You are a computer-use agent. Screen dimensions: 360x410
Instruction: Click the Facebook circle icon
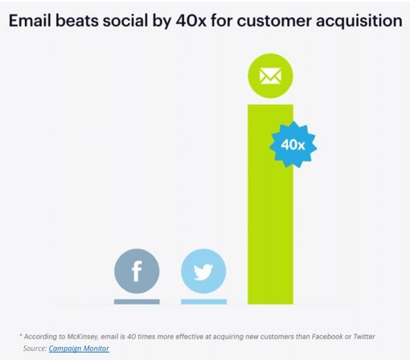pos(137,272)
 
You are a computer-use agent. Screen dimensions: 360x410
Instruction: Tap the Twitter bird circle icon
pos(203,272)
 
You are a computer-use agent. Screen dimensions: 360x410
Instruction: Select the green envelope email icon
pos(270,76)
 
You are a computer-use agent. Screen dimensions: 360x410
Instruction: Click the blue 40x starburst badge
pos(293,145)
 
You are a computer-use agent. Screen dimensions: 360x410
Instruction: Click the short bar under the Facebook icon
pos(137,301)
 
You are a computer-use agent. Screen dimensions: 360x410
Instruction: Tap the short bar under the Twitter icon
pos(203,301)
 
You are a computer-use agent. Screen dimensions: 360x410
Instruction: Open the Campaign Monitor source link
pos(79,348)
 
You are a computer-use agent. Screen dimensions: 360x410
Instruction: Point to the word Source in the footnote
pos(35,348)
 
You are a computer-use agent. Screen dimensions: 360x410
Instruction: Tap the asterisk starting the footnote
pos(22,334)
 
